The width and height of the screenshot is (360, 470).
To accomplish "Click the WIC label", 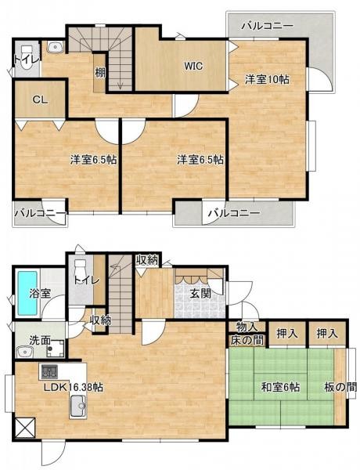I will (193, 66).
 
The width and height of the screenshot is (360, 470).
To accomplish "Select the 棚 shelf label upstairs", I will (101, 73).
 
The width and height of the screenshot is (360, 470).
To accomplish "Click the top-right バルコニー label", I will (266, 27).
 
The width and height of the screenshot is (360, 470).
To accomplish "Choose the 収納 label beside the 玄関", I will (148, 261).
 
